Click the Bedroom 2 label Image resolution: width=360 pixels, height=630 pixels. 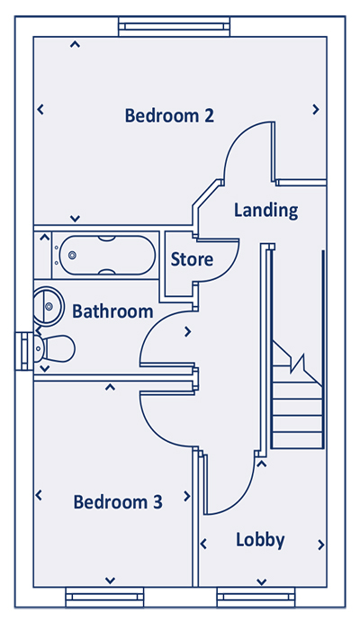(169, 115)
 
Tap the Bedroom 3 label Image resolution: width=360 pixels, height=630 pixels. (118, 502)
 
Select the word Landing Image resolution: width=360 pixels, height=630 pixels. (266, 210)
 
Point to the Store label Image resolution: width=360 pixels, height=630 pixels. (192, 259)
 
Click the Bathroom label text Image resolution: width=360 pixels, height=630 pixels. (112, 311)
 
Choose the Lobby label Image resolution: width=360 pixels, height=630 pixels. (260, 540)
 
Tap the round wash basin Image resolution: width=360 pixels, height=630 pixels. (47, 306)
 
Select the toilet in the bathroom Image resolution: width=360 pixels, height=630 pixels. (55, 348)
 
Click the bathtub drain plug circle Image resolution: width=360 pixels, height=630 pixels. (72, 255)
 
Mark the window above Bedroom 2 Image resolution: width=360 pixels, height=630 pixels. (174, 26)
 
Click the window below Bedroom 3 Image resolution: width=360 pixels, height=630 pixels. (104, 597)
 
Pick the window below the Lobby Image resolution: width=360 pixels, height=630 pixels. (256, 597)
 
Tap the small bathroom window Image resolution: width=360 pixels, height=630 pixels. (24, 351)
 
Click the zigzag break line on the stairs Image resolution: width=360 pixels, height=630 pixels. (298, 364)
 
